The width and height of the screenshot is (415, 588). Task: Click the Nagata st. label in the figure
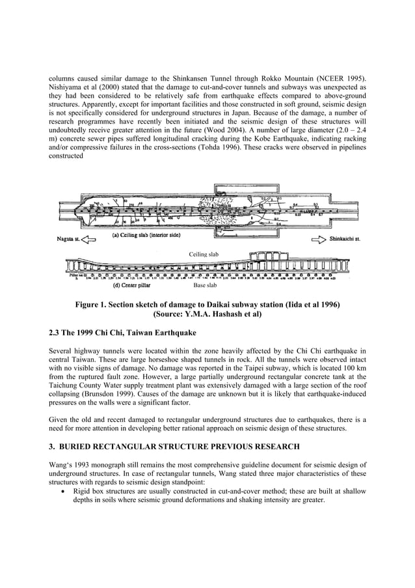pos(66,239)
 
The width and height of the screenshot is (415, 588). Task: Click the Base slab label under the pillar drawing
pos(206,285)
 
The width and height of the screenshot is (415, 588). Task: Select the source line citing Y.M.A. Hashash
pos(208,314)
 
